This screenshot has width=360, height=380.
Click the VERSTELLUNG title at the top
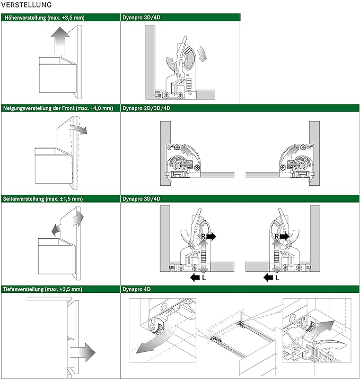26,5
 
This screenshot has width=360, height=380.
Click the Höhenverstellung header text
44,18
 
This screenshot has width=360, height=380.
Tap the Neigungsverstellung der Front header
58,108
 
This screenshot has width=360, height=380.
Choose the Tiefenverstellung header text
43,289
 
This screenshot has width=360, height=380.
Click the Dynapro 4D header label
137,289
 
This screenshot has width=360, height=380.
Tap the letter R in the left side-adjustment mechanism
203,236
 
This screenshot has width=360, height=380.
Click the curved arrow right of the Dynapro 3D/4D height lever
201,54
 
